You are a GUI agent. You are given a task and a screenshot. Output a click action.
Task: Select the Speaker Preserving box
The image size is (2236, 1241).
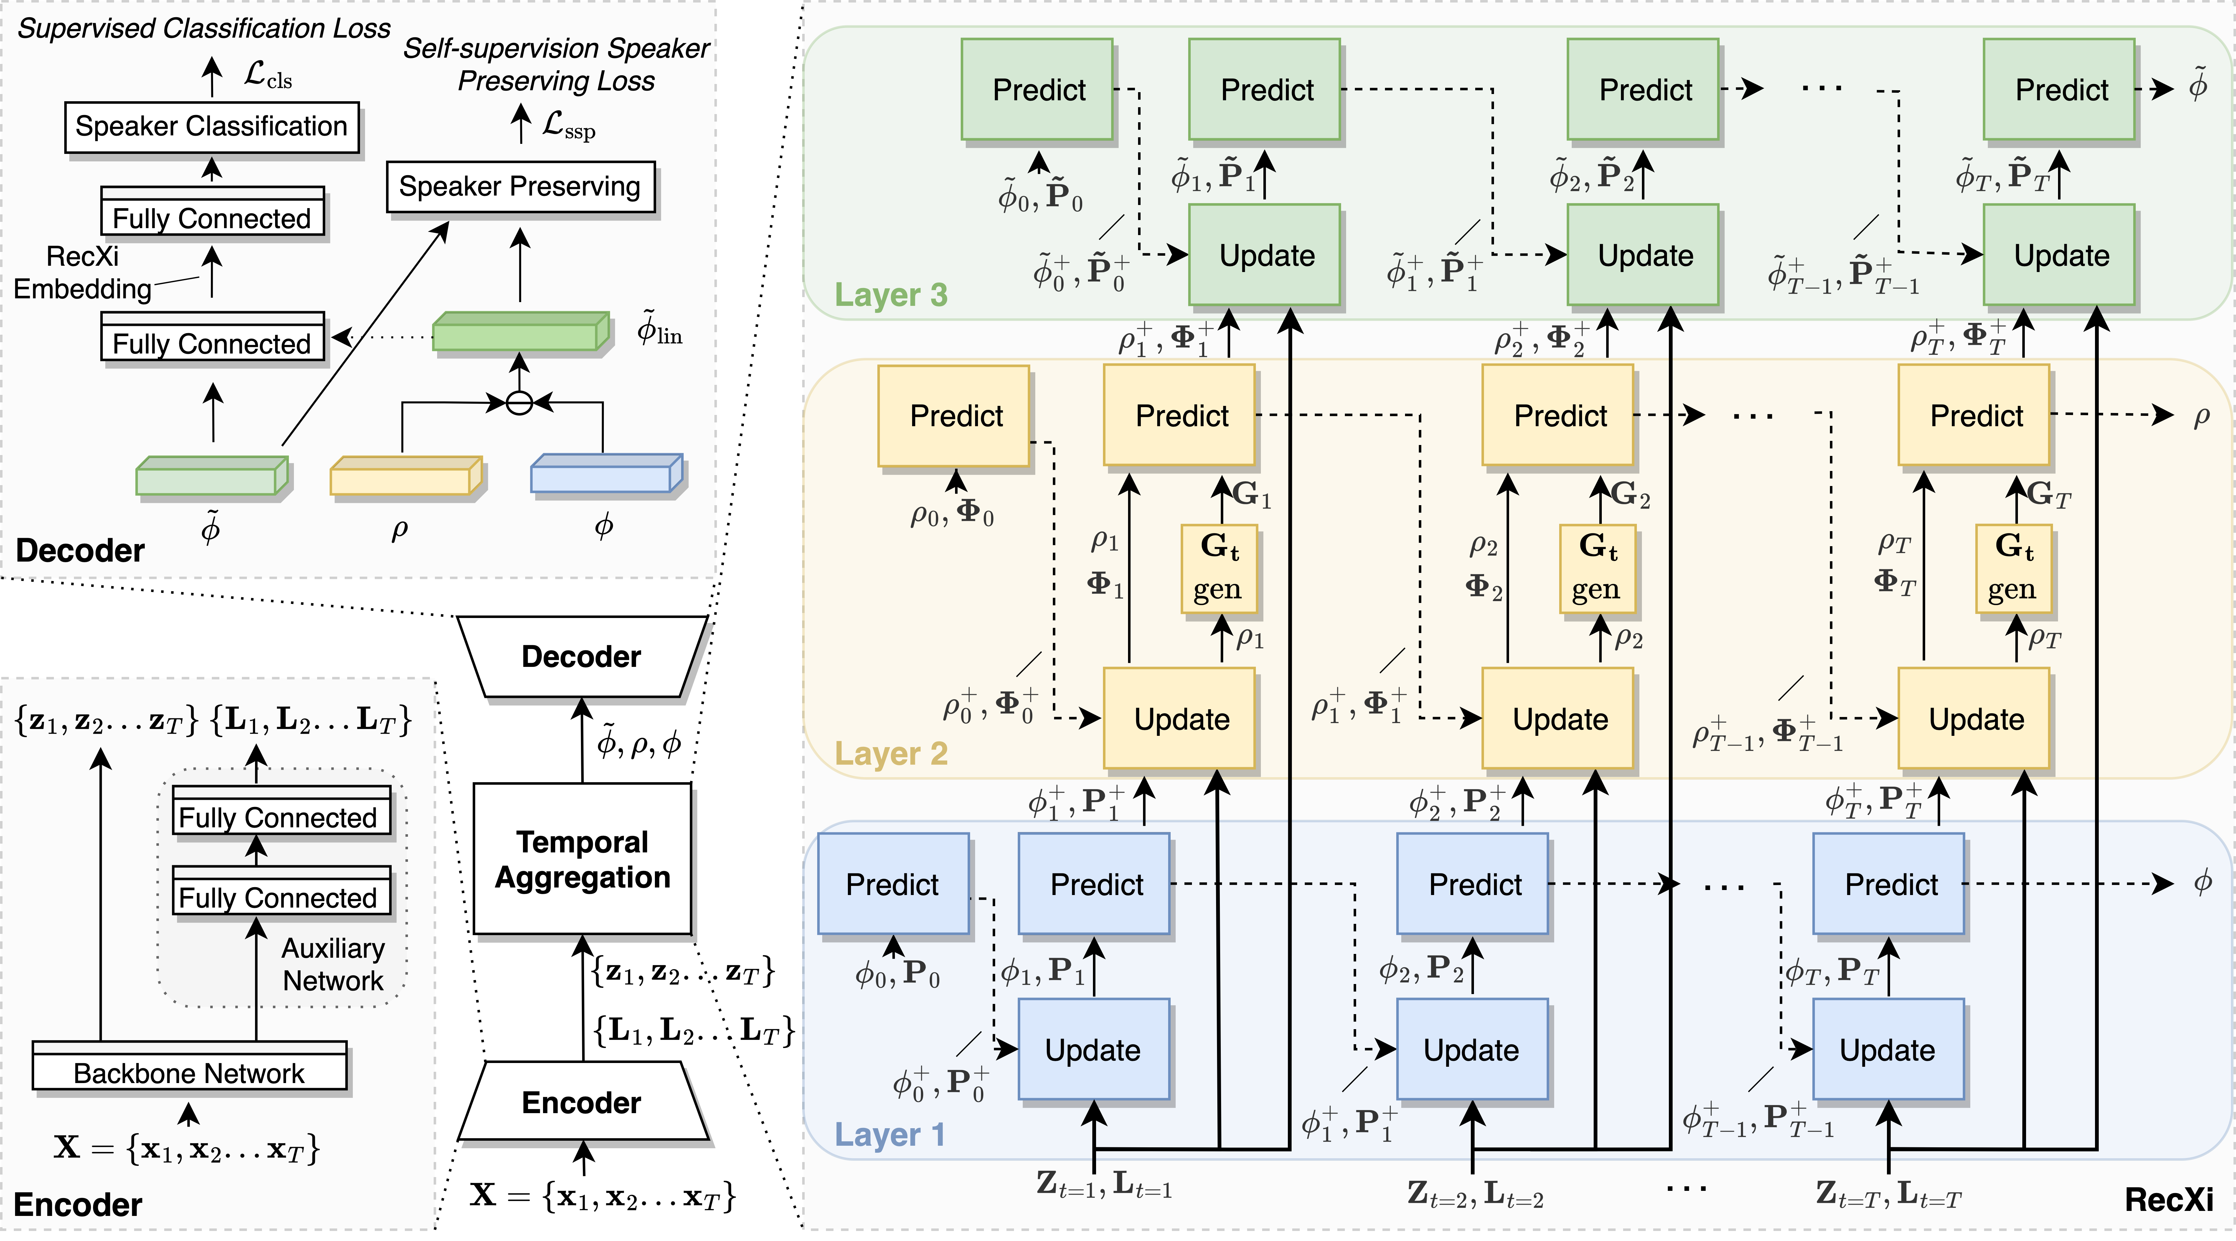tap(520, 186)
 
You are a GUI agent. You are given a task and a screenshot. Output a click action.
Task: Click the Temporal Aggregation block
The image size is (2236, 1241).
tap(583, 859)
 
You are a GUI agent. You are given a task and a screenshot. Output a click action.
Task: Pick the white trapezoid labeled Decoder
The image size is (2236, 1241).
tap(582, 656)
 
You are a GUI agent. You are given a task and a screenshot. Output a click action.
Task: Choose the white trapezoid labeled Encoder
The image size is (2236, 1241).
tap(582, 1102)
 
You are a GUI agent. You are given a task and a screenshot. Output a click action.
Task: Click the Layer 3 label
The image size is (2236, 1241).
tap(891, 295)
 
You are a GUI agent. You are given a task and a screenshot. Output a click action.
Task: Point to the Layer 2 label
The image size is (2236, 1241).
tap(891, 753)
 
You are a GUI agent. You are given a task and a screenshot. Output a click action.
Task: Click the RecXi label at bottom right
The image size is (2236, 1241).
tap(2168, 1199)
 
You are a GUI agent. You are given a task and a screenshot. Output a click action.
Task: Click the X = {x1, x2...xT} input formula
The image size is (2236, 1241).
tap(187, 1148)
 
